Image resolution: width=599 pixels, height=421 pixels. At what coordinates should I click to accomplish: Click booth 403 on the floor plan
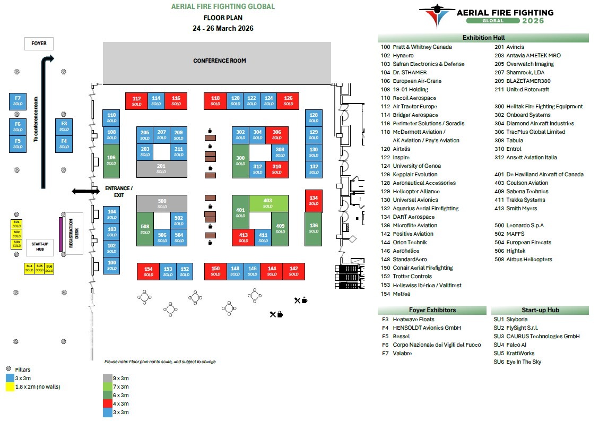click(267, 203)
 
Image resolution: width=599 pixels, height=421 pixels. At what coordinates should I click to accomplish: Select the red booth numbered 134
click(314, 200)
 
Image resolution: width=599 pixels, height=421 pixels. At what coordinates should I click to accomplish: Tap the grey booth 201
click(161, 169)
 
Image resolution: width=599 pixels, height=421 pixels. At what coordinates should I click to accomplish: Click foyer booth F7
click(18, 101)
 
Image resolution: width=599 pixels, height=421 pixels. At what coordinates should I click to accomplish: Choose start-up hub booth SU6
click(49, 268)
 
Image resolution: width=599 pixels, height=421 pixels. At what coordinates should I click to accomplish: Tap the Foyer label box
click(39, 44)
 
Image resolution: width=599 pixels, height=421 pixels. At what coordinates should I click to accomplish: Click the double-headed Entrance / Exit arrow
click(85, 191)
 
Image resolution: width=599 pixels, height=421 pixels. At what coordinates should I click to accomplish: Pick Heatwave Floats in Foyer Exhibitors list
click(413, 319)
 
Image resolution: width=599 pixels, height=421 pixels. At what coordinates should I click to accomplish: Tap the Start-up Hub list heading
click(540, 310)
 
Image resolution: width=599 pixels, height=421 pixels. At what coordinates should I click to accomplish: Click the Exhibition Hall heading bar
click(483, 38)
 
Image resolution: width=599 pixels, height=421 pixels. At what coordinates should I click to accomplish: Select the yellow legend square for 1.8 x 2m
click(10, 386)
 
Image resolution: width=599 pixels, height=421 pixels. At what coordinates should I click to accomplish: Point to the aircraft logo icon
click(436, 15)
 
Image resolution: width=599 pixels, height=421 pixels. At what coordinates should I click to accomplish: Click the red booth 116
click(176, 101)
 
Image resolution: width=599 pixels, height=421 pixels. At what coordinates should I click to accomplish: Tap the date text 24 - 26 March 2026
click(223, 28)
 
